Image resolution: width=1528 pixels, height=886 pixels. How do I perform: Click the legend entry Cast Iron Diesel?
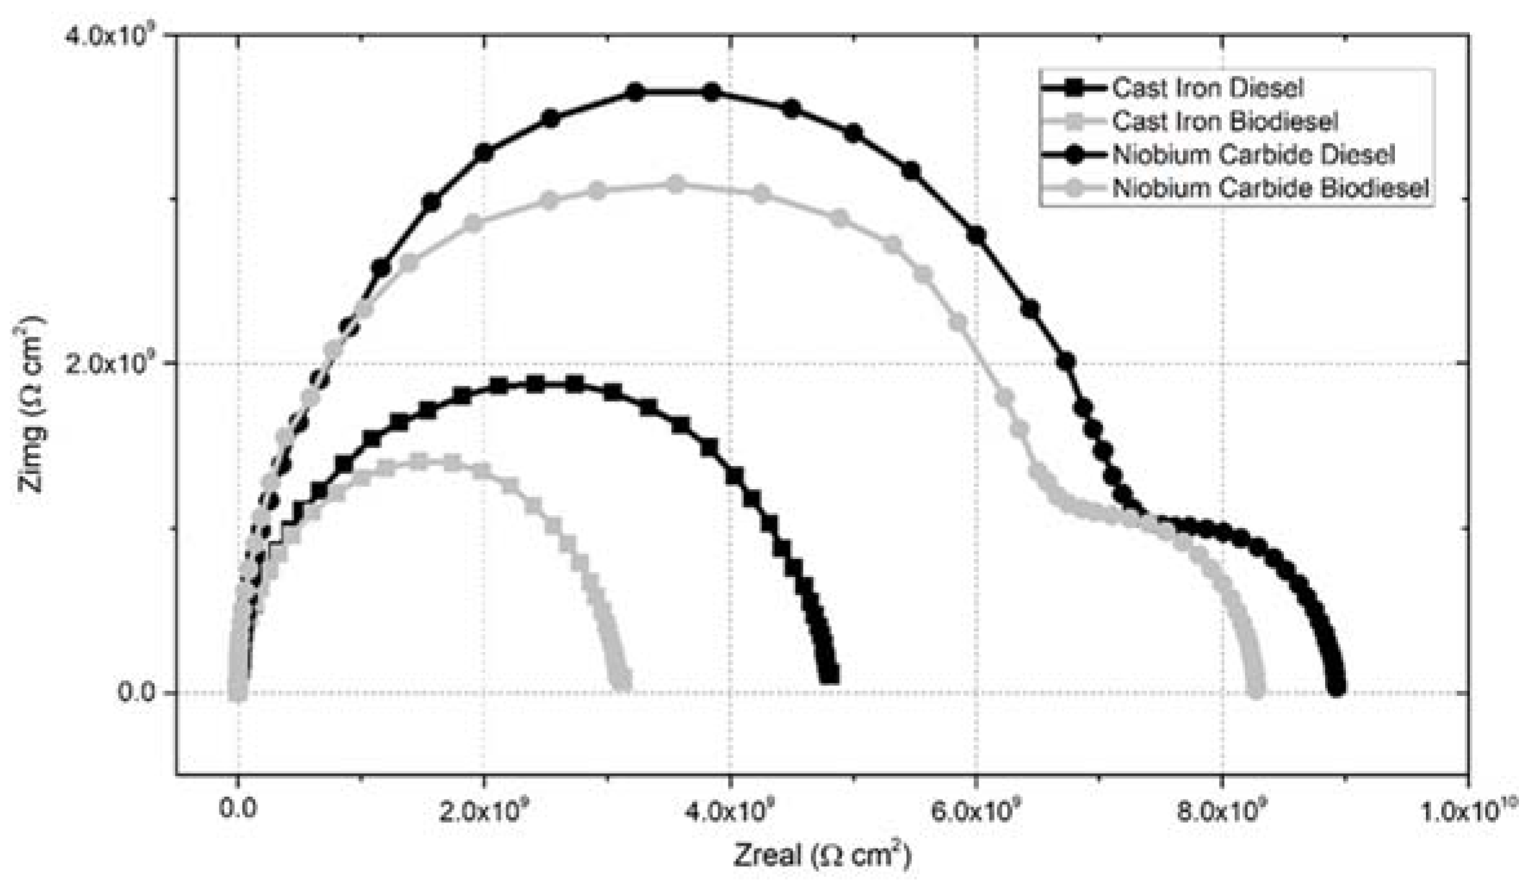tap(1207, 88)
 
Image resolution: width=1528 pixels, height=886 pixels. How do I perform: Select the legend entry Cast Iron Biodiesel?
tap(1224, 121)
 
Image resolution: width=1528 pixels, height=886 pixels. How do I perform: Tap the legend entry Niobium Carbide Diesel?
tap(1253, 155)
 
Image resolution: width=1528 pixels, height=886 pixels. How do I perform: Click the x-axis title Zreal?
tap(821, 854)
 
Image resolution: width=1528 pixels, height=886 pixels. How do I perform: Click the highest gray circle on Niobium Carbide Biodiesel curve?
tap(676, 185)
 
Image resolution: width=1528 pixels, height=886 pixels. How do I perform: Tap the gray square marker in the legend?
tap(1074, 121)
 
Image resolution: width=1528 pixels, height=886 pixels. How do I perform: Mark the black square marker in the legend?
tap(1074, 88)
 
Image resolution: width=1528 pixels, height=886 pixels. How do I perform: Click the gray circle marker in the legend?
tap(1074, 188)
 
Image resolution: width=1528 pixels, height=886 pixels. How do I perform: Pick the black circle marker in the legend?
tap(1074, 155)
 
